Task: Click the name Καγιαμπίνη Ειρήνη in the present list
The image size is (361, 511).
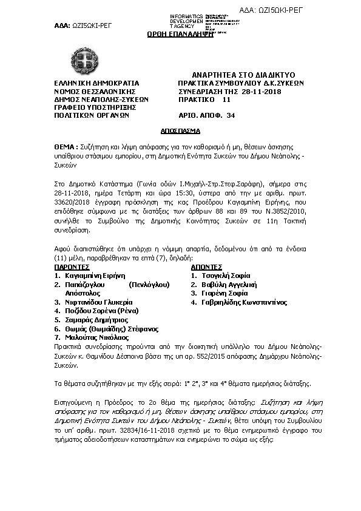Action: point(90,275)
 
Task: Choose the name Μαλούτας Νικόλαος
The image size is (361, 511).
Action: point(88,337)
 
